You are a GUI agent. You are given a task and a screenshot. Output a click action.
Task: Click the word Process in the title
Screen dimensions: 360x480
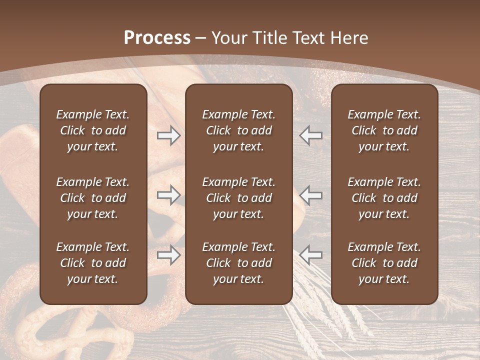[157, 38]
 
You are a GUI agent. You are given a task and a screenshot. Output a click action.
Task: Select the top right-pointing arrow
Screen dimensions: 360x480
[168, 135]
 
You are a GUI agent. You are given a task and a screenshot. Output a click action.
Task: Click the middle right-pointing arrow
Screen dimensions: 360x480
[168, 195]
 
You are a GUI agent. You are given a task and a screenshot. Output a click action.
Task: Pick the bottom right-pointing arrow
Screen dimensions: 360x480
[168, 255]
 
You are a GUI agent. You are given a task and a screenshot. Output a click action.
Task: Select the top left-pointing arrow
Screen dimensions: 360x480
[311, 135]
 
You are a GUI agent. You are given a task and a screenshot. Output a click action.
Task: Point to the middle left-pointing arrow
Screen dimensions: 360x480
[311, 195]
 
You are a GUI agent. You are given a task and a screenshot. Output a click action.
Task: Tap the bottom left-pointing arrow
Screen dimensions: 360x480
[311, 255]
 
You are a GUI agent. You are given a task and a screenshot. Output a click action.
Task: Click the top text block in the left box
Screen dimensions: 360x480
[93, 130]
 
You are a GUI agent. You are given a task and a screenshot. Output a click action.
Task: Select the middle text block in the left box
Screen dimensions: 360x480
[93, 198]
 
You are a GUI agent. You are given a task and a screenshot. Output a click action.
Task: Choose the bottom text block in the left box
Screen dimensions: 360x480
[93, 263]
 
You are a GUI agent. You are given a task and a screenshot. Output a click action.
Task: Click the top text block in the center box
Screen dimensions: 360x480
[239, 130]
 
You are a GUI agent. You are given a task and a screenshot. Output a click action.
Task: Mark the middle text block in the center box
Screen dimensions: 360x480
[239, 198]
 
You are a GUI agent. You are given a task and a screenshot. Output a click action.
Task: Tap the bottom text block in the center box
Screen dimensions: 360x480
[239, 263]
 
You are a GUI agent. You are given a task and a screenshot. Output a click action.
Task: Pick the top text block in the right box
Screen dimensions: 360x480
[384, 130]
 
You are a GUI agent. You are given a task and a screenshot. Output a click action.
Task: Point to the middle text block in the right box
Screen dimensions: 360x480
[384, 198]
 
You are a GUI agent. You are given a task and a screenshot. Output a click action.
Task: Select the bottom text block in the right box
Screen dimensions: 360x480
[384, 263]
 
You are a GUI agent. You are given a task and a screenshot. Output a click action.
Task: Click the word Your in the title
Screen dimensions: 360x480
[227, 38]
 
